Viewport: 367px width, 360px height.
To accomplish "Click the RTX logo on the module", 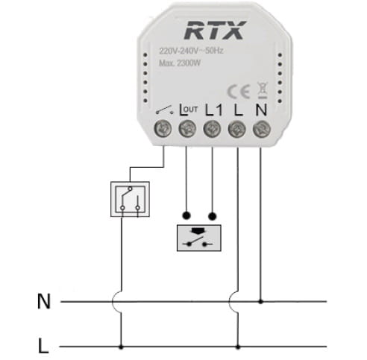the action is [215, 30].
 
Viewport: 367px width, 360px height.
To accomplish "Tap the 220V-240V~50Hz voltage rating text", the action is [191, 51].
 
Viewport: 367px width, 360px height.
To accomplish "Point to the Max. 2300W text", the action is [180, 63].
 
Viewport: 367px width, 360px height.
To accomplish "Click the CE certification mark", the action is [239, 92].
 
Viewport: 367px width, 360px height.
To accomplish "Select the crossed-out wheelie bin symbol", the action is [263, 90].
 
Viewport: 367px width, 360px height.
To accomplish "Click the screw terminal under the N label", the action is [262, 130].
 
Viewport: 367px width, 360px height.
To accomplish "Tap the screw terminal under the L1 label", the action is [212, 130].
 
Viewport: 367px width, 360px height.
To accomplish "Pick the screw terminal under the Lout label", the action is [187, 130].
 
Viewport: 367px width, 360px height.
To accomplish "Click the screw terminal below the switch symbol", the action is [163, 130].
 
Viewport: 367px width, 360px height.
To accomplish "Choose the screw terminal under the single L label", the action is [237, 130].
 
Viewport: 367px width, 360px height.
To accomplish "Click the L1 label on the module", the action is [214, 110].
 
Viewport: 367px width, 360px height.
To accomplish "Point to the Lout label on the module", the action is [189, 110].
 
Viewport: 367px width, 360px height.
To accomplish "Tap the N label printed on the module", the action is [261, 110].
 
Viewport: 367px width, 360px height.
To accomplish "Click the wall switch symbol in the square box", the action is [130, 199].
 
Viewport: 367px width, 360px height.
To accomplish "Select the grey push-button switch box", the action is [199, 238].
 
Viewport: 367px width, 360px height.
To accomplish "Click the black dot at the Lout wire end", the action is [186, 215].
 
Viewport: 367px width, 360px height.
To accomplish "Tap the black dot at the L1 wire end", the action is [212, 216].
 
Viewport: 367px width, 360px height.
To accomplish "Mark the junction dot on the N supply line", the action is [260, 302].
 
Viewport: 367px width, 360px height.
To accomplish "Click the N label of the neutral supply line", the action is [44, 301].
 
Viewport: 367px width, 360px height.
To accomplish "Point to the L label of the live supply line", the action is [43, 345].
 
